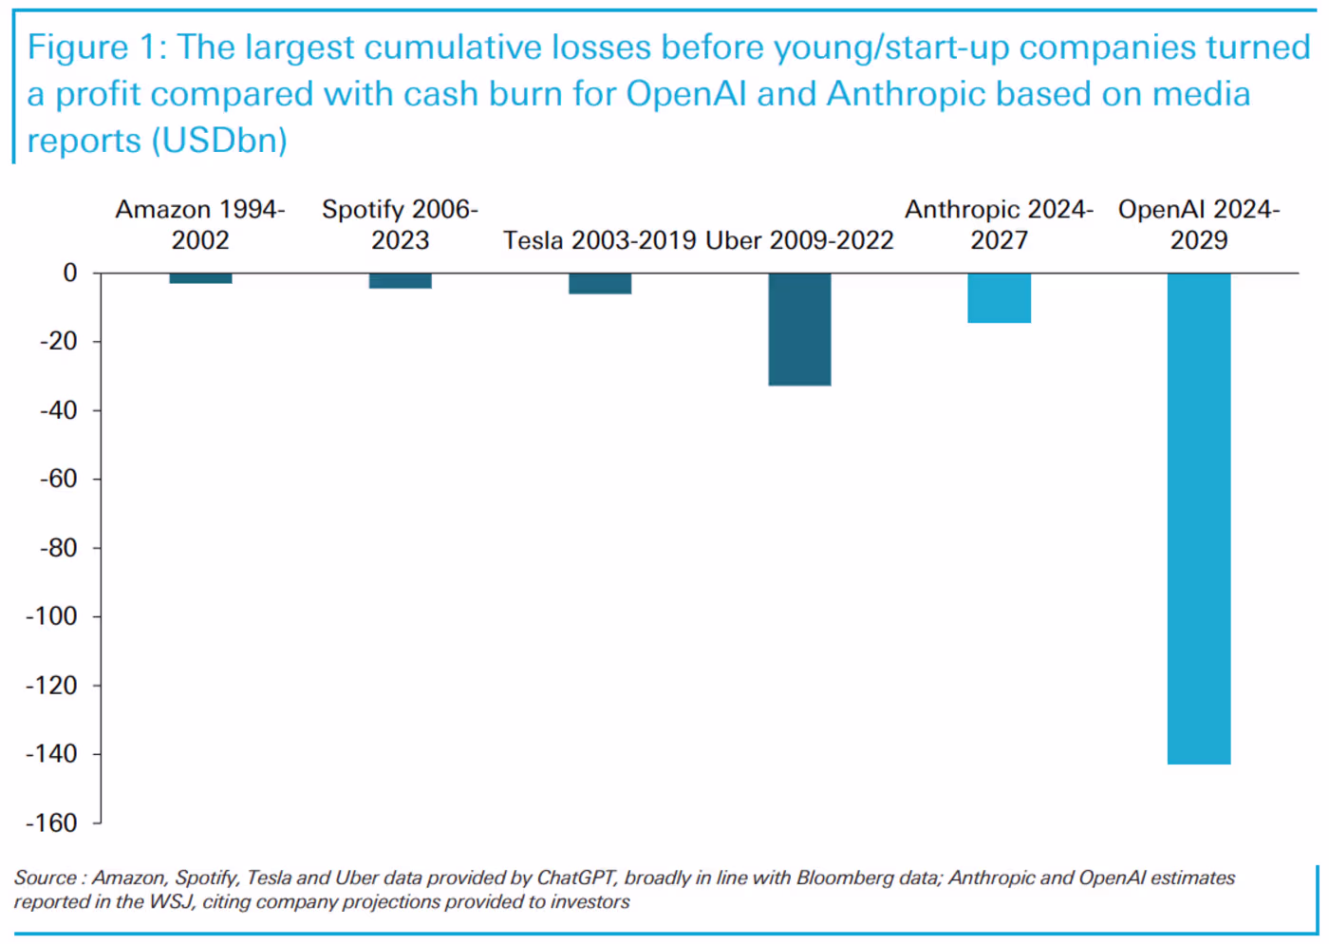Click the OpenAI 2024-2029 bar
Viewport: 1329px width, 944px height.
click(x=1198, y=519)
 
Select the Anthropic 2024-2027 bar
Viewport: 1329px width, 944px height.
click(x=999, y=298)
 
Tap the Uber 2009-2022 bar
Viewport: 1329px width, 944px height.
click(x=799, y=330)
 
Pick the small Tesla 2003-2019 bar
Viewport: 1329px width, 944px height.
click(x=600, y=284)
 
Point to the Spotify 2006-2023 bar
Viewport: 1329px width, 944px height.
click(x=401, y=281)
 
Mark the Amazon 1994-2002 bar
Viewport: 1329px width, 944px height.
click(x=200, y=278)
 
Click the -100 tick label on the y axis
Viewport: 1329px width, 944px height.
click(x=51, y=616)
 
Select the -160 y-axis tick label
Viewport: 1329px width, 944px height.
click(x=51, y=822)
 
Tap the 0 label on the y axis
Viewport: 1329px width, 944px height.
click(x=70, y=273)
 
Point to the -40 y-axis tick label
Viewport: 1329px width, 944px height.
click(x=58, y=410)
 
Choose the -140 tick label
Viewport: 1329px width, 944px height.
click(x=51, y=754)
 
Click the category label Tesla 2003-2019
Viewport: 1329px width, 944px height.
click(x=600, y=240)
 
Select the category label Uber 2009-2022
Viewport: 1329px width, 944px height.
click(x=799, y=240)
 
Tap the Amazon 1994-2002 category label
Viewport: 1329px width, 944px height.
click(x=200, y=224)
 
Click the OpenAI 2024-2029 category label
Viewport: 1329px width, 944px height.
click(x=1199, y=224)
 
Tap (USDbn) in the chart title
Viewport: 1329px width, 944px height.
click(x=219, y=141)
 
